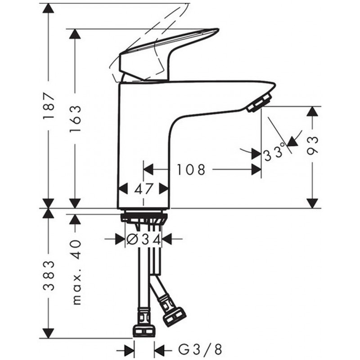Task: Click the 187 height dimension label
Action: pos(49,106)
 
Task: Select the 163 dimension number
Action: pos(75,119)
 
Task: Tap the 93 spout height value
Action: pos(312,145)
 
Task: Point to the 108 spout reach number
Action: pos(190,170)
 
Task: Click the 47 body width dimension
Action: pos(144,189)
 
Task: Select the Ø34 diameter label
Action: pos(144,240)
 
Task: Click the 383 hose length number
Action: pos(49,276)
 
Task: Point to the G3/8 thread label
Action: pos(200,350)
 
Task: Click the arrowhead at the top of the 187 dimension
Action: pos(48,9)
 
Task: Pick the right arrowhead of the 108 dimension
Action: pos(256,170)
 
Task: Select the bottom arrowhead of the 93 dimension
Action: pos(312,204)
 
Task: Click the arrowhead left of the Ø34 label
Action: pos(120,239)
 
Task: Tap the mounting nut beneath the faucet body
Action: pos(144,216)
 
